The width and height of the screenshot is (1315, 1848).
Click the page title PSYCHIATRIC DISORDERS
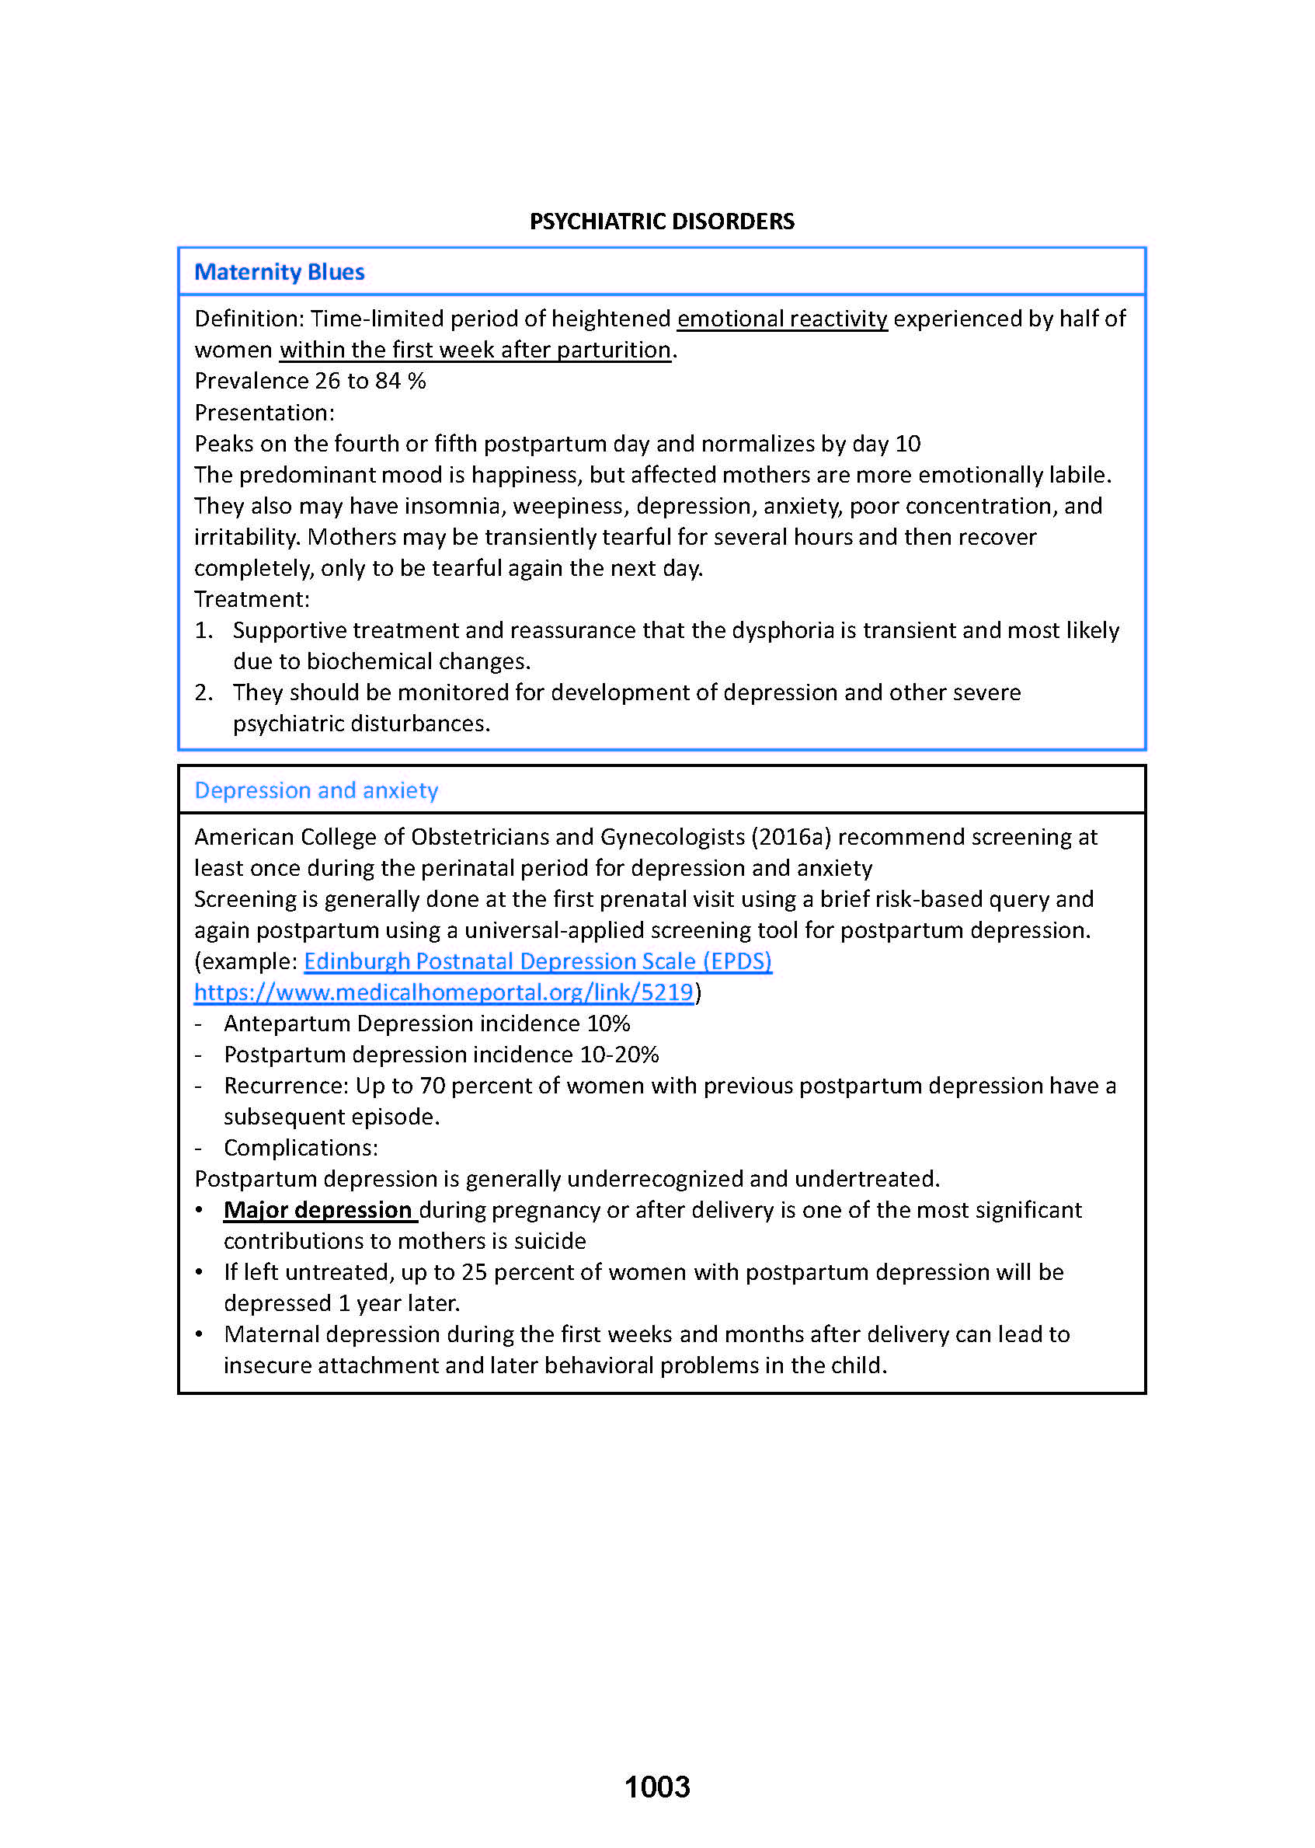(x=662, y=221)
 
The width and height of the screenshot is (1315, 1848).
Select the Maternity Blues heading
(x=280, y=271)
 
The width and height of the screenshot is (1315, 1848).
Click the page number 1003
(x=656, y=1787)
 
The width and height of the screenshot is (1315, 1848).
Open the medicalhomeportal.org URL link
(x=444, y=992)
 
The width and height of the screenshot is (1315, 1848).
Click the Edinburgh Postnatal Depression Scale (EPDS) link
(x=537, y=961)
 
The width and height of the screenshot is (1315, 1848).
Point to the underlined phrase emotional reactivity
(x=782, y=319)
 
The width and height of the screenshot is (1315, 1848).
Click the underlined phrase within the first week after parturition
(x=475, y=350)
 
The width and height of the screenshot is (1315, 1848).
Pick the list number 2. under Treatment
(x=204, y=692)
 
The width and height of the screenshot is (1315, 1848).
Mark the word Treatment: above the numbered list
(x=252, y=599)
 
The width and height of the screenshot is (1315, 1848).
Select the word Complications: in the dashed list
(x=301, y=1148)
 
